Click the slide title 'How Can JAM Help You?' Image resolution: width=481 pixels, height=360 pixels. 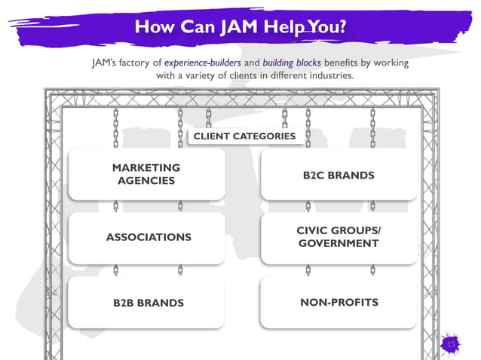point(240,27)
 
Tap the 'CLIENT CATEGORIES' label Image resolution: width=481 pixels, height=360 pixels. point(244,136)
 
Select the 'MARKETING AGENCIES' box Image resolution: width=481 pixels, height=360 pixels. point(146,174)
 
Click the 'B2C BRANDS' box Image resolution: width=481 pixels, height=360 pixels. point(339,175)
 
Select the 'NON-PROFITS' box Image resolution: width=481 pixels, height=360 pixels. point(339,302)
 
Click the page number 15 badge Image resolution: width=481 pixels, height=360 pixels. point(452,343)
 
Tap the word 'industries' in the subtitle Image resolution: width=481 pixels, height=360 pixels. point(329,76)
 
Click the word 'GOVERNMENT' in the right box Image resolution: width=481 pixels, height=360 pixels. point(339,243)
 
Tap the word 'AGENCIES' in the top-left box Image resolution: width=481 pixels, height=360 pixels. point(146,181)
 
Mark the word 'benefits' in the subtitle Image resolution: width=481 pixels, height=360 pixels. point(354,63)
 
